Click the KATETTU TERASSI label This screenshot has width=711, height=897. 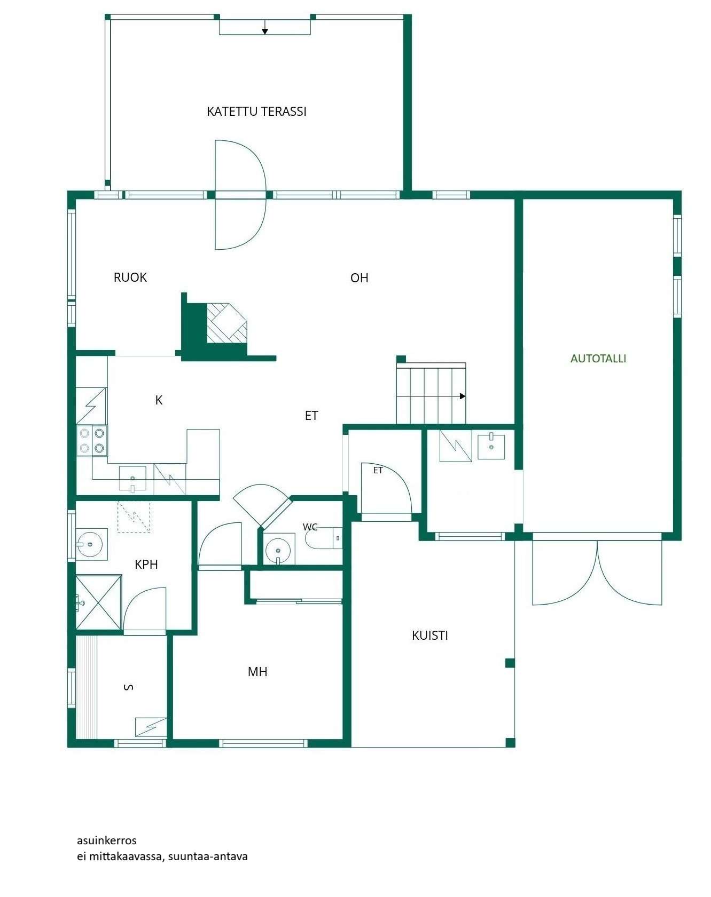pos(256,112)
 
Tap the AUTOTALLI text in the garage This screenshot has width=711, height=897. pos(598,359)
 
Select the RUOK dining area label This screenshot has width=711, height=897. pos(130,277)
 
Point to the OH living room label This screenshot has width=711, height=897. pos(360,278)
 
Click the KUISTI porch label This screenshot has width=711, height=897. pos(430,636)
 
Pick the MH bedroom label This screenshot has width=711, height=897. pos(257,672)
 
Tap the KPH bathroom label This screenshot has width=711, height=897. pos(146,565)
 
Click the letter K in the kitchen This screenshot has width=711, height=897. pos(159,400)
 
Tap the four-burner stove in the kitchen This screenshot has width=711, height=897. pos(92,441)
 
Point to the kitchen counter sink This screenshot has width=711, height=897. pos(132,478)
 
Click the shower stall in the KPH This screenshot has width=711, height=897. pos(99,602)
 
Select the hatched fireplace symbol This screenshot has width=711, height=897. pos(227,323)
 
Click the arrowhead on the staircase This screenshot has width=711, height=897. pos(463,396)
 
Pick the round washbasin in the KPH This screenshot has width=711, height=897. pos(91,544)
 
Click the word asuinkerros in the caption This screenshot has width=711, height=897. pos(107,840)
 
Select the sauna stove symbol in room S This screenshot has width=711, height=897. pos(151,727)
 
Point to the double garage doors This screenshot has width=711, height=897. pos(597,573)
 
